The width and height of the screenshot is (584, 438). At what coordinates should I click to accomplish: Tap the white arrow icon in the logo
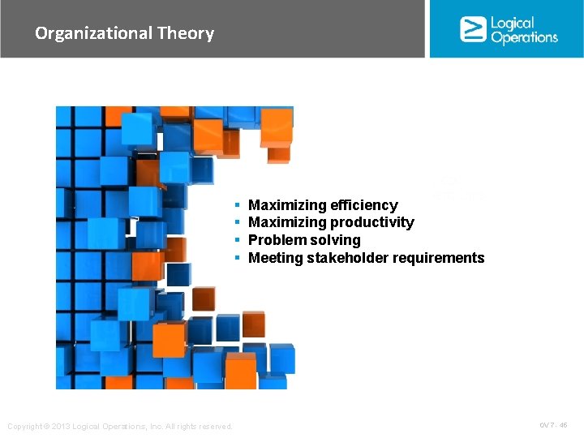pos(472,29)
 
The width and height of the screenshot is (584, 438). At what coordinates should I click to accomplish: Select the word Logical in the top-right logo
pos(513,23)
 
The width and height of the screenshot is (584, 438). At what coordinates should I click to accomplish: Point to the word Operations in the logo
pos(524,37)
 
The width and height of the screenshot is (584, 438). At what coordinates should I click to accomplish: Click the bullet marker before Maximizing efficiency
pos(237,205)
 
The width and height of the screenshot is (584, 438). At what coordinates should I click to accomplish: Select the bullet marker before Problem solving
pos(237,240)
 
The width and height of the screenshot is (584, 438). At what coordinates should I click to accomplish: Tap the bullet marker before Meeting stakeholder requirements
pos(237,258)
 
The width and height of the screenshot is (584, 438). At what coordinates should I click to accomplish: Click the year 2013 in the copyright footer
pos(64,427)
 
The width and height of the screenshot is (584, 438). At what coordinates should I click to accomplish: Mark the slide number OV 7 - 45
pos(553,425)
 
